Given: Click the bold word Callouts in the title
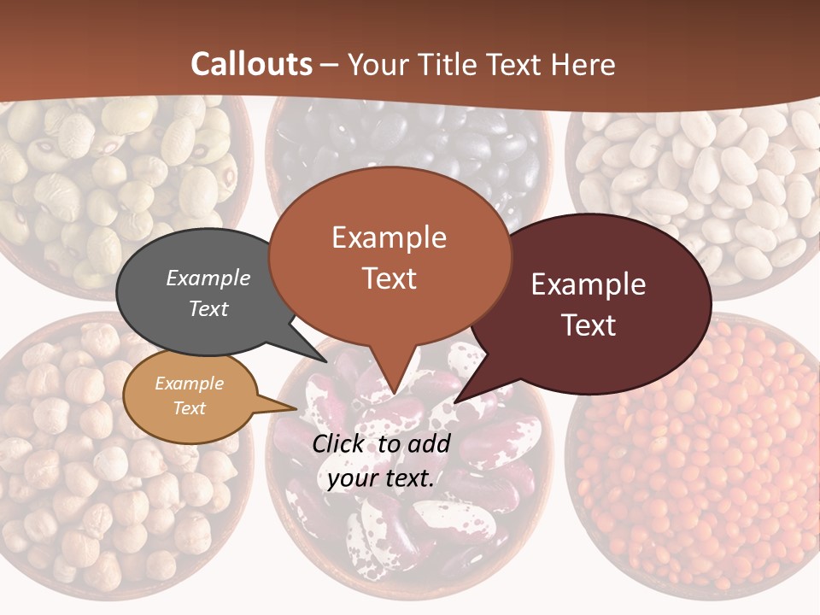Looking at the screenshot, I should point(251,64).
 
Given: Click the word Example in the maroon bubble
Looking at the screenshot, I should point(589,284).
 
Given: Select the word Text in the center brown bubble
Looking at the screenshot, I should point(389,278).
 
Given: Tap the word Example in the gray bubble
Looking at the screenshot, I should point(208,278).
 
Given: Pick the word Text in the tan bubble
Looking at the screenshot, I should point(189,408).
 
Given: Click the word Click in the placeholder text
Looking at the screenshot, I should point(339,442).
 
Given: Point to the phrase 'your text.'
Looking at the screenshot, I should point(381,478).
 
